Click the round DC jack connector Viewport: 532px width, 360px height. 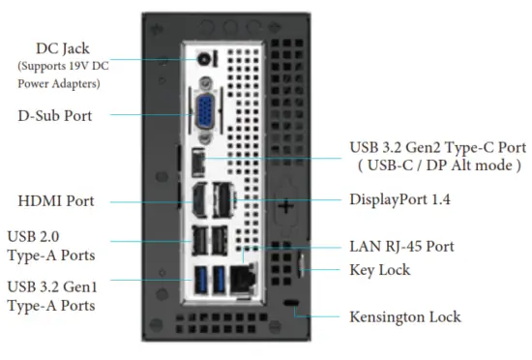coord(204,59)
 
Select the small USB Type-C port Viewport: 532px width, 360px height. coord(198,159)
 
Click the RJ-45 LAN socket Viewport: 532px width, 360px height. coord(243,278)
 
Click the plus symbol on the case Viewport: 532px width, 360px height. coord(287,205)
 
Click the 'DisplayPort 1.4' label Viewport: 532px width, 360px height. coord(400,199)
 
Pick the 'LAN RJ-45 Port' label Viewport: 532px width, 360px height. coord(400,246)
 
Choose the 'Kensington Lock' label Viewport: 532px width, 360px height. coord(404,316)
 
